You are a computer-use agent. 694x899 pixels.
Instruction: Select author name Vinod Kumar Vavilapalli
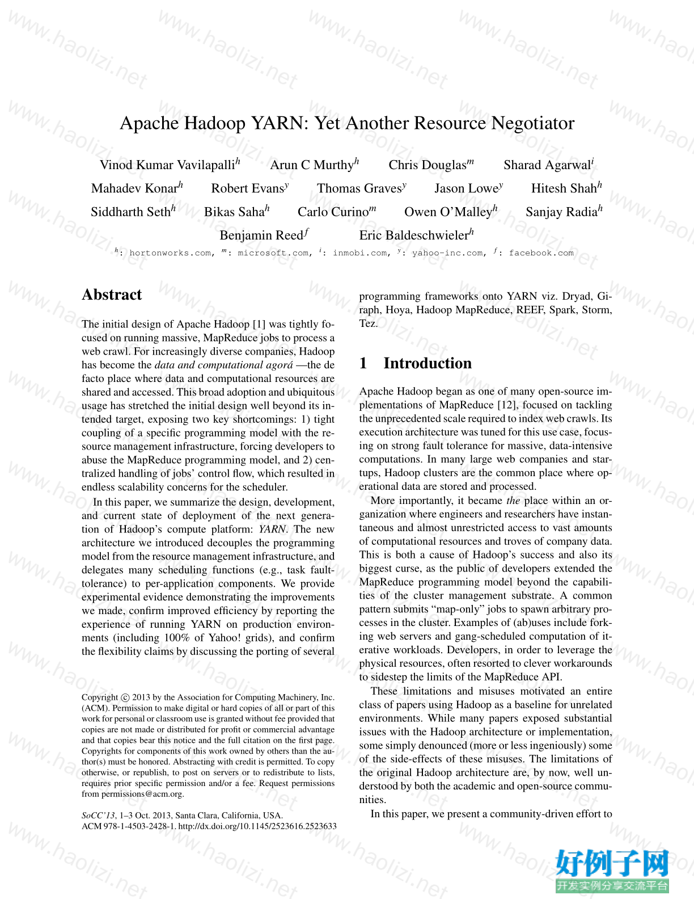click(167, 165)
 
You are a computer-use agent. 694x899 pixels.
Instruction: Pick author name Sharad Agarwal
click(547, 165)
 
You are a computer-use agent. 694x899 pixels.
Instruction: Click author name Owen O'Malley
click(448, 212)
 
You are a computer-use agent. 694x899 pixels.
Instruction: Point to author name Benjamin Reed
click(261, 236)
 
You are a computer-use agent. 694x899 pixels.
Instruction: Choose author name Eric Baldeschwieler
click(414, 236)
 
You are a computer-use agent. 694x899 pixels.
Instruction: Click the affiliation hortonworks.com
click(170, 253)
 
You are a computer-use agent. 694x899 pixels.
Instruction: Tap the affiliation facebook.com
click(541, 253)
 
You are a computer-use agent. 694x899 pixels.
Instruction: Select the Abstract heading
click(112, 295)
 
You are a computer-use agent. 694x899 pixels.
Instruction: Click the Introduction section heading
click(428, 363)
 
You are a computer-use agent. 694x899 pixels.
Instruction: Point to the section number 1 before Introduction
click(363, 363)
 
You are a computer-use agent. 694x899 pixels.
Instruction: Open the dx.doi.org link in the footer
click(257, 826)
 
